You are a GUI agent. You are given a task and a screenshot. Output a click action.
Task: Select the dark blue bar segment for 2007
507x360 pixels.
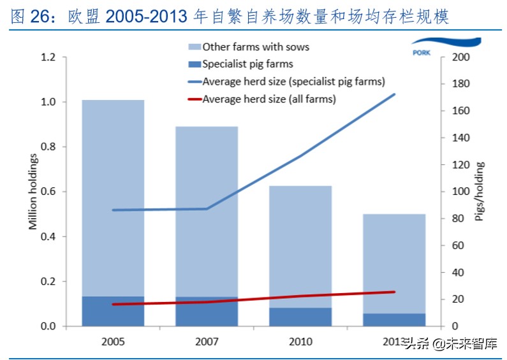click(x=207, y=312)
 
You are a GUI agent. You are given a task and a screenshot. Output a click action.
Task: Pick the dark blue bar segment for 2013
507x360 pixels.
click(x=394, y=320)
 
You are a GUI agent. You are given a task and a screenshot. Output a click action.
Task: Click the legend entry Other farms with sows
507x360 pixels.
click(x=255, y=47)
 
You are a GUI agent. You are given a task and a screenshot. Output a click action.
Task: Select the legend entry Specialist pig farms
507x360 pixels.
click(x=247, y=64)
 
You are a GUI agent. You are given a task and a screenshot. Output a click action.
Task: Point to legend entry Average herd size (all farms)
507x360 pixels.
click(x=268, y=99)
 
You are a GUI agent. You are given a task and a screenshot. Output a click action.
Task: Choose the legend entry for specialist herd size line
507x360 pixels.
click(x=293, y=82)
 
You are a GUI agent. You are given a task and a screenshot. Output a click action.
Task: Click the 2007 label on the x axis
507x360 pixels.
click(x=207, y=342)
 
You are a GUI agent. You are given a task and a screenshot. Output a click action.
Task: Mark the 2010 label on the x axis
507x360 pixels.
click(x=300, y=342)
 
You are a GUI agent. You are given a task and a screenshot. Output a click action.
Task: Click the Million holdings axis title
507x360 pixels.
click(x=33, y=192)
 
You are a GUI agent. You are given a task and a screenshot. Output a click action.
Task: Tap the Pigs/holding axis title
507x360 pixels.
click(x=480, y=192)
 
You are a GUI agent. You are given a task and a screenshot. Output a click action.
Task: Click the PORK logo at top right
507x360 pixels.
click(x=422, y=52)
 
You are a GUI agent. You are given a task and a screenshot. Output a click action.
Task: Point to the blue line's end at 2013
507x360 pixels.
click(x=395, y=94)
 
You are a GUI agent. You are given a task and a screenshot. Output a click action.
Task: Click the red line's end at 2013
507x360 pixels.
click(x=395, y=292)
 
